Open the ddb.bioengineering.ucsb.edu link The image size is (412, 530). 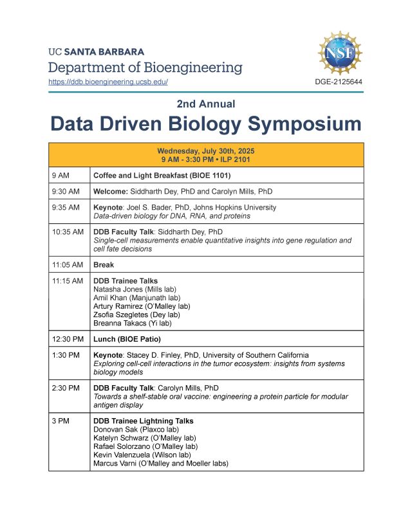[108, 82]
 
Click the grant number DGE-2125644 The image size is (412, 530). [339, 82]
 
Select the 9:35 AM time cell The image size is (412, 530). [66, 208]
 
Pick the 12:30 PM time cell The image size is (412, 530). [67, 339]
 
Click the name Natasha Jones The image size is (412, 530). [117, 289]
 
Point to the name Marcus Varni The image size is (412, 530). [116, 462]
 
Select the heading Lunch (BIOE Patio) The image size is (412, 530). [127, 339]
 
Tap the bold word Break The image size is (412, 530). [104, 264]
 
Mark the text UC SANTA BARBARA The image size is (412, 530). [97, 51]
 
